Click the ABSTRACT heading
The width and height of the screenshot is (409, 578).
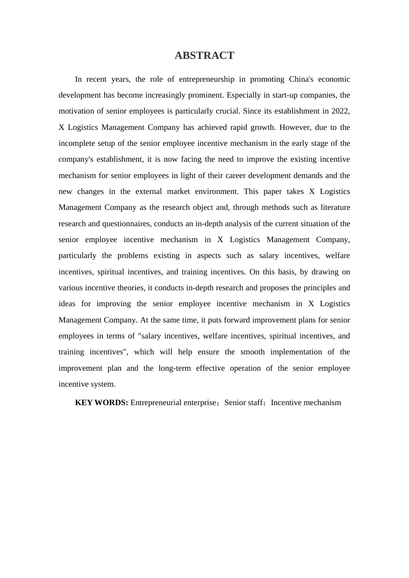[204, 55]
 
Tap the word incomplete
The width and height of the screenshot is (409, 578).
[76, 143]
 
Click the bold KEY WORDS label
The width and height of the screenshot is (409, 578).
[102, 403]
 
